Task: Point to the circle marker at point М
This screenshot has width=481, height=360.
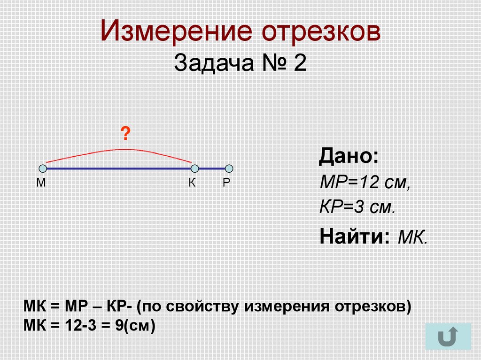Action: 43,169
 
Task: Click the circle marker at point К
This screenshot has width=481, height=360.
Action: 195,169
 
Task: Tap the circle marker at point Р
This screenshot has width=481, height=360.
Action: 229,169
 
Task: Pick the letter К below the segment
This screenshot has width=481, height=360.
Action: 192,184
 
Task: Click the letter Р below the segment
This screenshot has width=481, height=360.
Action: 226,184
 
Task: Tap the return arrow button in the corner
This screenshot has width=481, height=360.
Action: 448,337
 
